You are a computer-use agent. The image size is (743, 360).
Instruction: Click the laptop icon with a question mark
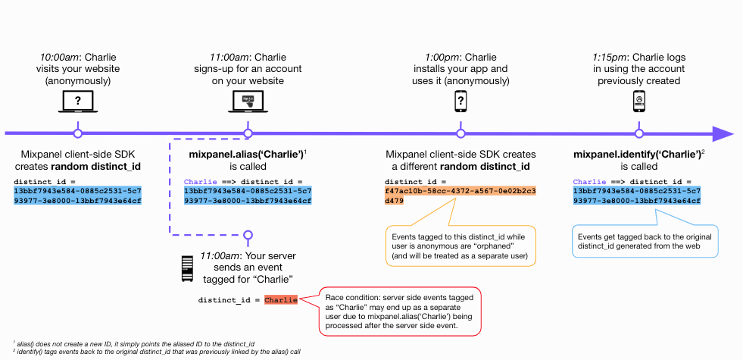[x=78, y=102]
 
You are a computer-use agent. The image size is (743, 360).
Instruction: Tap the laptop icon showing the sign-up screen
[x=248, y=102]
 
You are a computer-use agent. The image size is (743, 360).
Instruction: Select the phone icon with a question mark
[x=460, y=102]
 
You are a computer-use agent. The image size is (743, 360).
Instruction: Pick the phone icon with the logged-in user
[x=638, y=102]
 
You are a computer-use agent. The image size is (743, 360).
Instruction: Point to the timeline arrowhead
[x=723, y=133]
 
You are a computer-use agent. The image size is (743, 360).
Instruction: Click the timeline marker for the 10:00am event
[x=78, y=133]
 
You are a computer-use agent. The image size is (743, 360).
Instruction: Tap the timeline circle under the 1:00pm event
[x=460, y=133]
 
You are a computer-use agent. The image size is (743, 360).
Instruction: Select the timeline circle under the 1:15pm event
[x=638, y=133]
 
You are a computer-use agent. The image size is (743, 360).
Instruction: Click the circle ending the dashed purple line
[x=248, y=235]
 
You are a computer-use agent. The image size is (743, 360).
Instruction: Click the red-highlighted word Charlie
[x=281, y=300]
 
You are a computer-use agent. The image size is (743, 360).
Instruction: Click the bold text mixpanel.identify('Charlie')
[x=637, y=155]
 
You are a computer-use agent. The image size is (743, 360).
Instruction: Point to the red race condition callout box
[x=401, y=311]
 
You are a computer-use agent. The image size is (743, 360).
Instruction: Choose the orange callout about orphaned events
[x=461, y=246]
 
